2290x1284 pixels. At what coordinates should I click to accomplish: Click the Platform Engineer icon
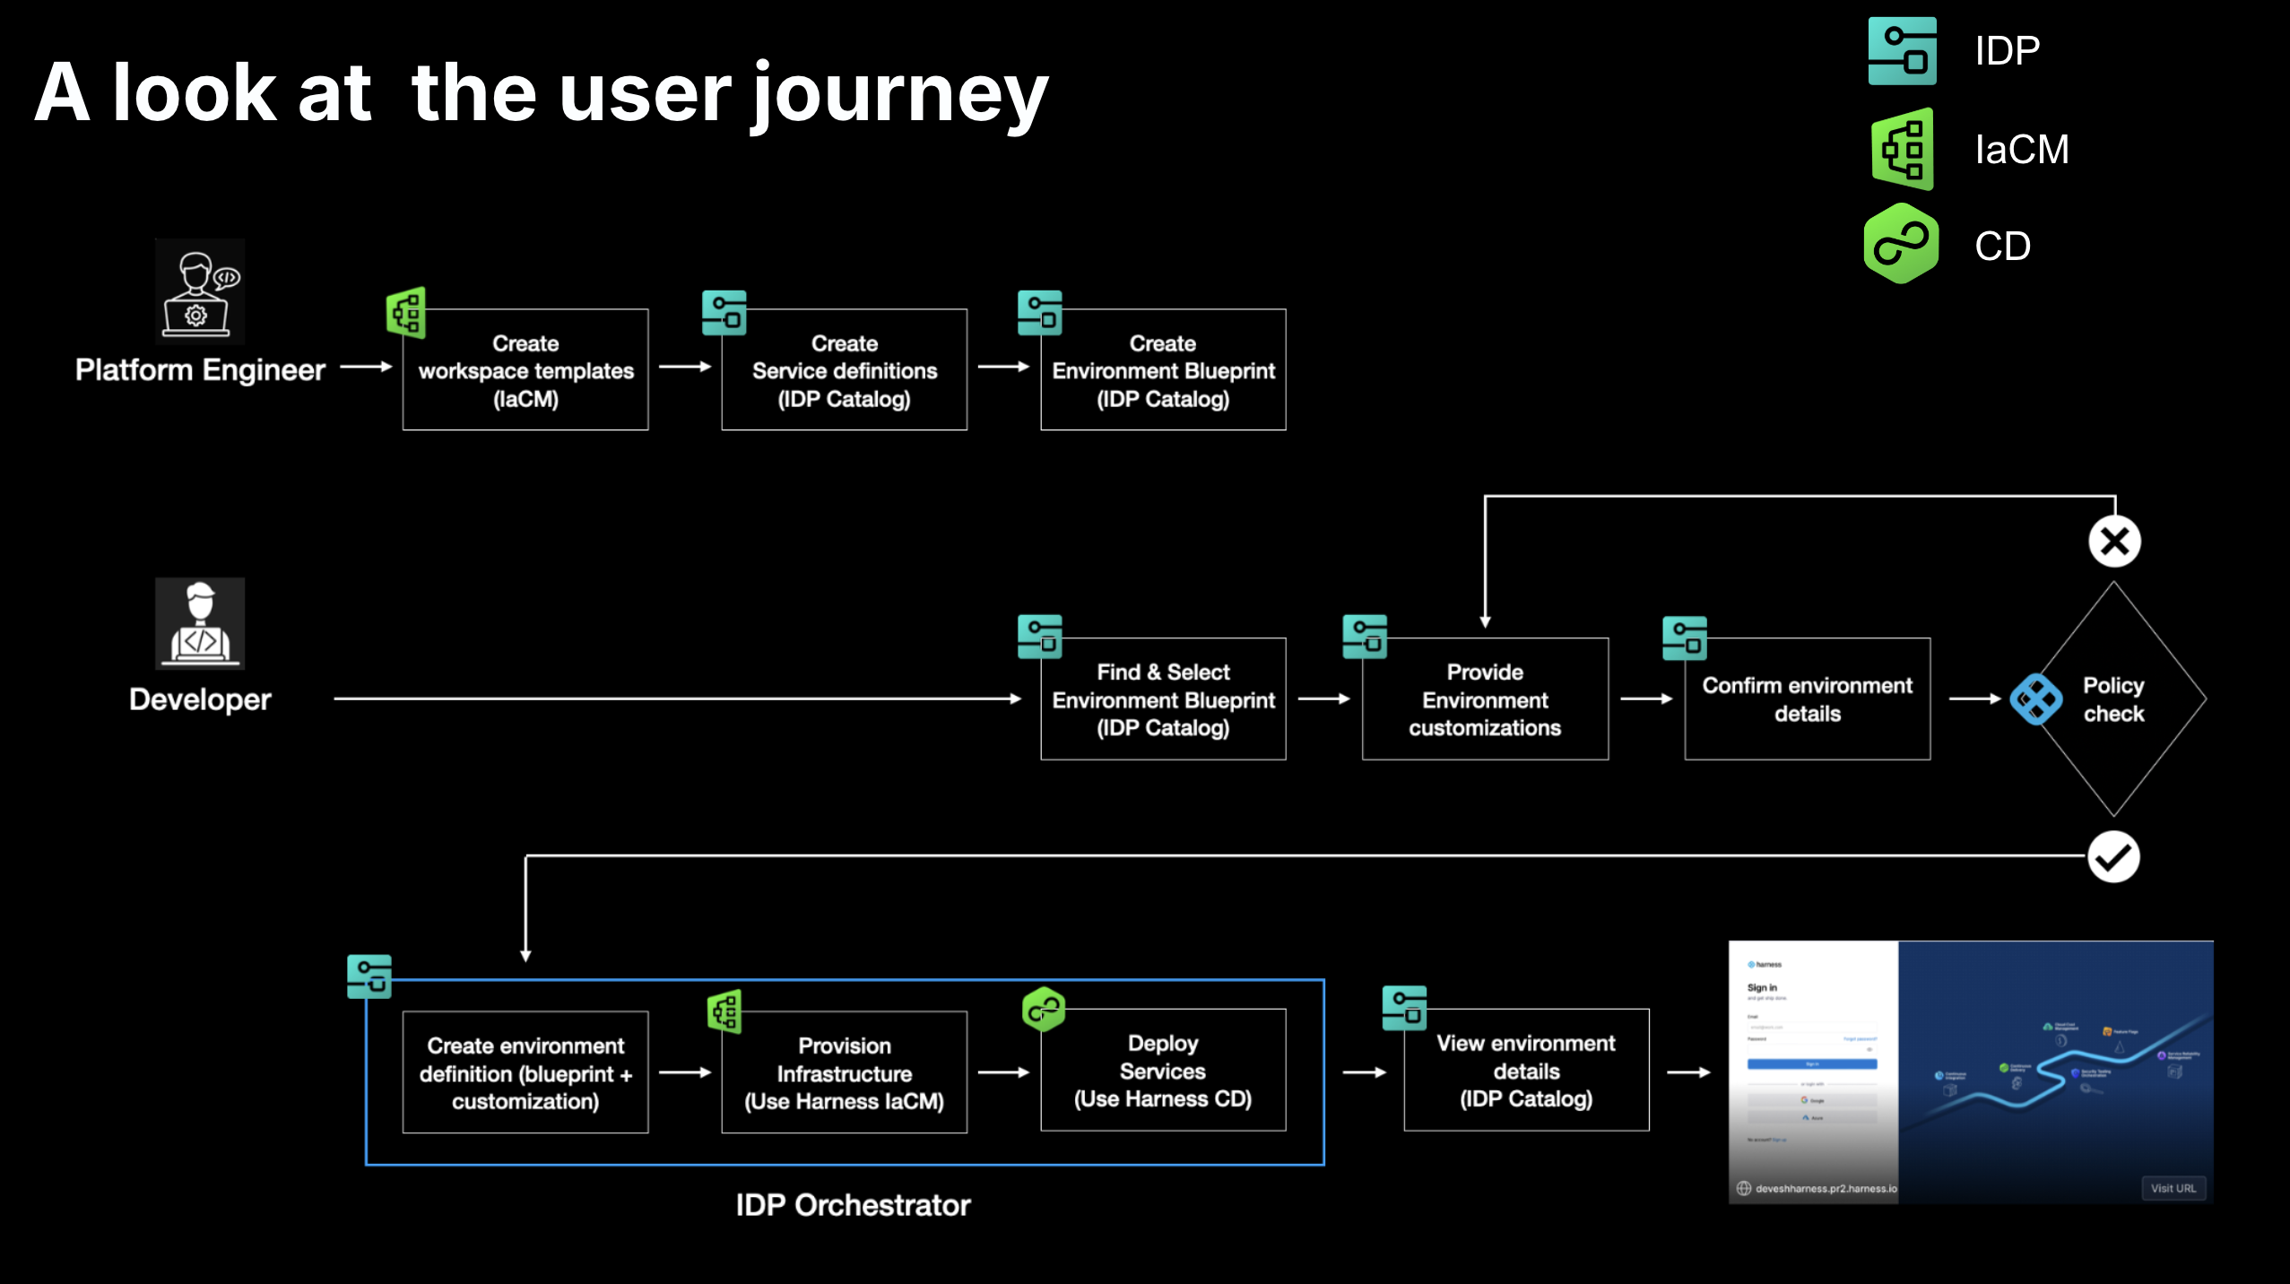(199, 292)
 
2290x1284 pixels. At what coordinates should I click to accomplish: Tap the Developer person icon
(199, 623)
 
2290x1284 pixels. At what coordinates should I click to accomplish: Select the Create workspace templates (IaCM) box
(525, 370)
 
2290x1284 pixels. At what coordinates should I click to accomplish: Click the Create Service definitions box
(844, 370)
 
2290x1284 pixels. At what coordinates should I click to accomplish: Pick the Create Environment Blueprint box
(1163, 370)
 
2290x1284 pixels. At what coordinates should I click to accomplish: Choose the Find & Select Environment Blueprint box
(1163, 699)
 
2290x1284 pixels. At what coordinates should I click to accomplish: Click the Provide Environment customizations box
(1485, 699)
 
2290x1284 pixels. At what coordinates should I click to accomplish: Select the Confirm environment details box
(1807, 699)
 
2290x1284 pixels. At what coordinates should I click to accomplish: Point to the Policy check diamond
(2113, 699)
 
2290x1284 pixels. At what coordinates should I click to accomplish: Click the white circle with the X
(2114, 542)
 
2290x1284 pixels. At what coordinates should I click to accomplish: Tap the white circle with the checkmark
(2113, 857)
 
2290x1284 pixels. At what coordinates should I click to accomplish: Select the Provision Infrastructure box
(844, 1073)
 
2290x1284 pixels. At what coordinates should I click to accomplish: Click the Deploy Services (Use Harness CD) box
(1163, 1071)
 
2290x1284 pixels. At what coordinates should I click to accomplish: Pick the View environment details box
(1526, 1071)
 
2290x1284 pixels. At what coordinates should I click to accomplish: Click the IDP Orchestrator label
(853, 1205)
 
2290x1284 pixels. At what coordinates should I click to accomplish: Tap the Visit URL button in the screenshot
(2173, 1188)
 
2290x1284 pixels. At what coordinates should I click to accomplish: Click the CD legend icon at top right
(1901, 245)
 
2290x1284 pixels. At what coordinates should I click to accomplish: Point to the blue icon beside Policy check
(2035, 699)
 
